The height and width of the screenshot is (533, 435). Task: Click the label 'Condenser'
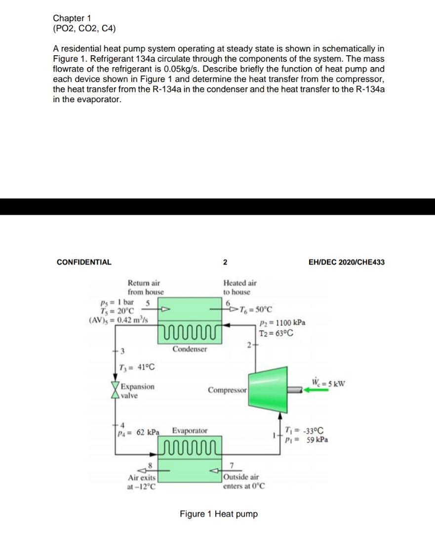[190, 349]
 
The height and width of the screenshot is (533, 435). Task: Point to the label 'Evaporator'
[190, 431]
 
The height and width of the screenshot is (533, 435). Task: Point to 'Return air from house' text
[145, 287]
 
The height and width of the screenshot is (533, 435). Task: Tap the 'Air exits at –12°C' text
[142, 482]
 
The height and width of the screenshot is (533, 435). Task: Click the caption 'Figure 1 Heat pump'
[219, 514]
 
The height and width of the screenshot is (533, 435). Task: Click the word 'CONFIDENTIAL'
[84, 262]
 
